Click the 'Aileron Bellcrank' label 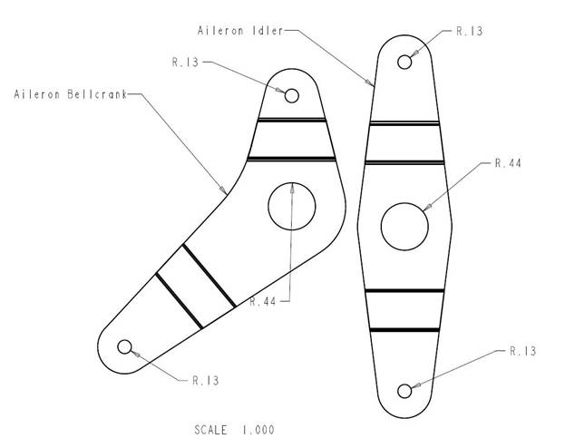[71, 94]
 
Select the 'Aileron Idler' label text [240, 31]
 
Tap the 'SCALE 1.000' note [234, 430]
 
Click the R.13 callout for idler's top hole [470, 32]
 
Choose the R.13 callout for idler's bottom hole [523, 351]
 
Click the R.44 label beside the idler [508, 163]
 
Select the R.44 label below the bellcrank [263, 301]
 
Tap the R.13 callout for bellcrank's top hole [185, 63]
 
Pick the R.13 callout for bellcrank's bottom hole [206, 381]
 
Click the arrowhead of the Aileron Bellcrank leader [223, 190]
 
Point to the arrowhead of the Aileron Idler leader [370, 83]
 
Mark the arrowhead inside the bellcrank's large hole [292, 188]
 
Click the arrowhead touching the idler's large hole [426, 208]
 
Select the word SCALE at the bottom [210, 430]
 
